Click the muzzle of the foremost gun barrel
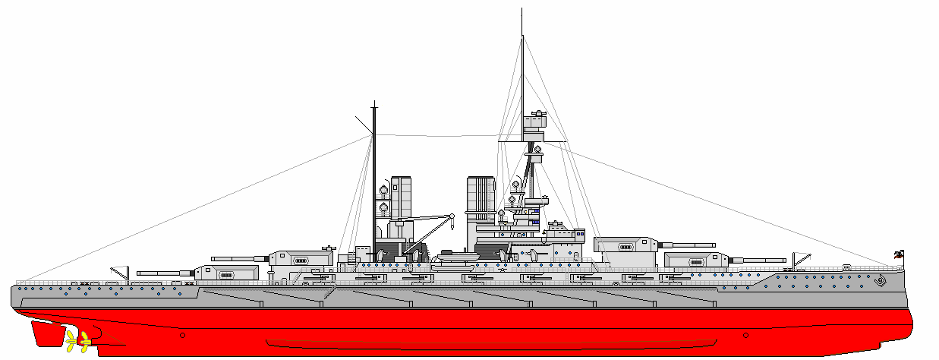pyautogui.click(x=785, y=261)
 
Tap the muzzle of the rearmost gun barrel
pyautogui.click(x=139, y=270)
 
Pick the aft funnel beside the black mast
pyautogui.click(x=401, y=197)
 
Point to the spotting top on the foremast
pyautogui.click(x=537, y=124)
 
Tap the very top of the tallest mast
pyautogui.click(x=522, y=11)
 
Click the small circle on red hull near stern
pyautogui.click(x=182, y=335)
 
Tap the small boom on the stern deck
pyautogui.click(x=120, y=271)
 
